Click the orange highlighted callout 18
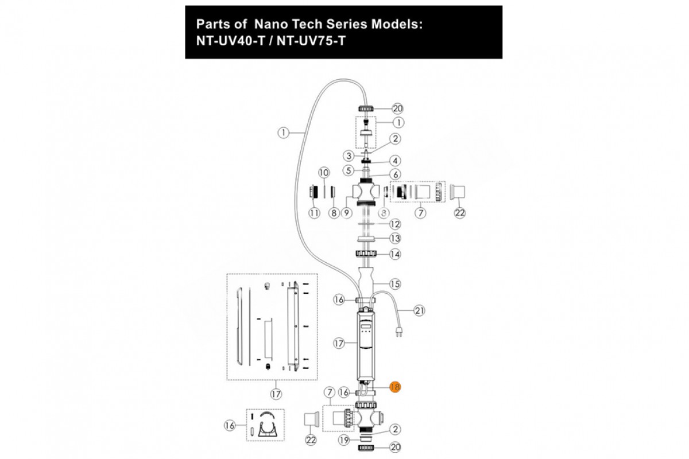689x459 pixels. (x=395, y=387)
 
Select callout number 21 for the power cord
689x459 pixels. (x=420, y=310)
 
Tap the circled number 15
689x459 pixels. (x=394, y=283)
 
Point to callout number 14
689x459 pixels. (x=395, y=254)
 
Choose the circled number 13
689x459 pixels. (x=395, y=238)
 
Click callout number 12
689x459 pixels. (x=394, y=223)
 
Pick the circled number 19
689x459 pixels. (x=344, y=441)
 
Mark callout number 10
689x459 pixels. (x=323, y=172)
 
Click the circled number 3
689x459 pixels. (x=348, y=155)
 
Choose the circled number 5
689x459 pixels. (x=348, y=170)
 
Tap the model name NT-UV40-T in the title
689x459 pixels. (x=230, y=41)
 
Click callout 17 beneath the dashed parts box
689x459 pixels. (x=276, y=394)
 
